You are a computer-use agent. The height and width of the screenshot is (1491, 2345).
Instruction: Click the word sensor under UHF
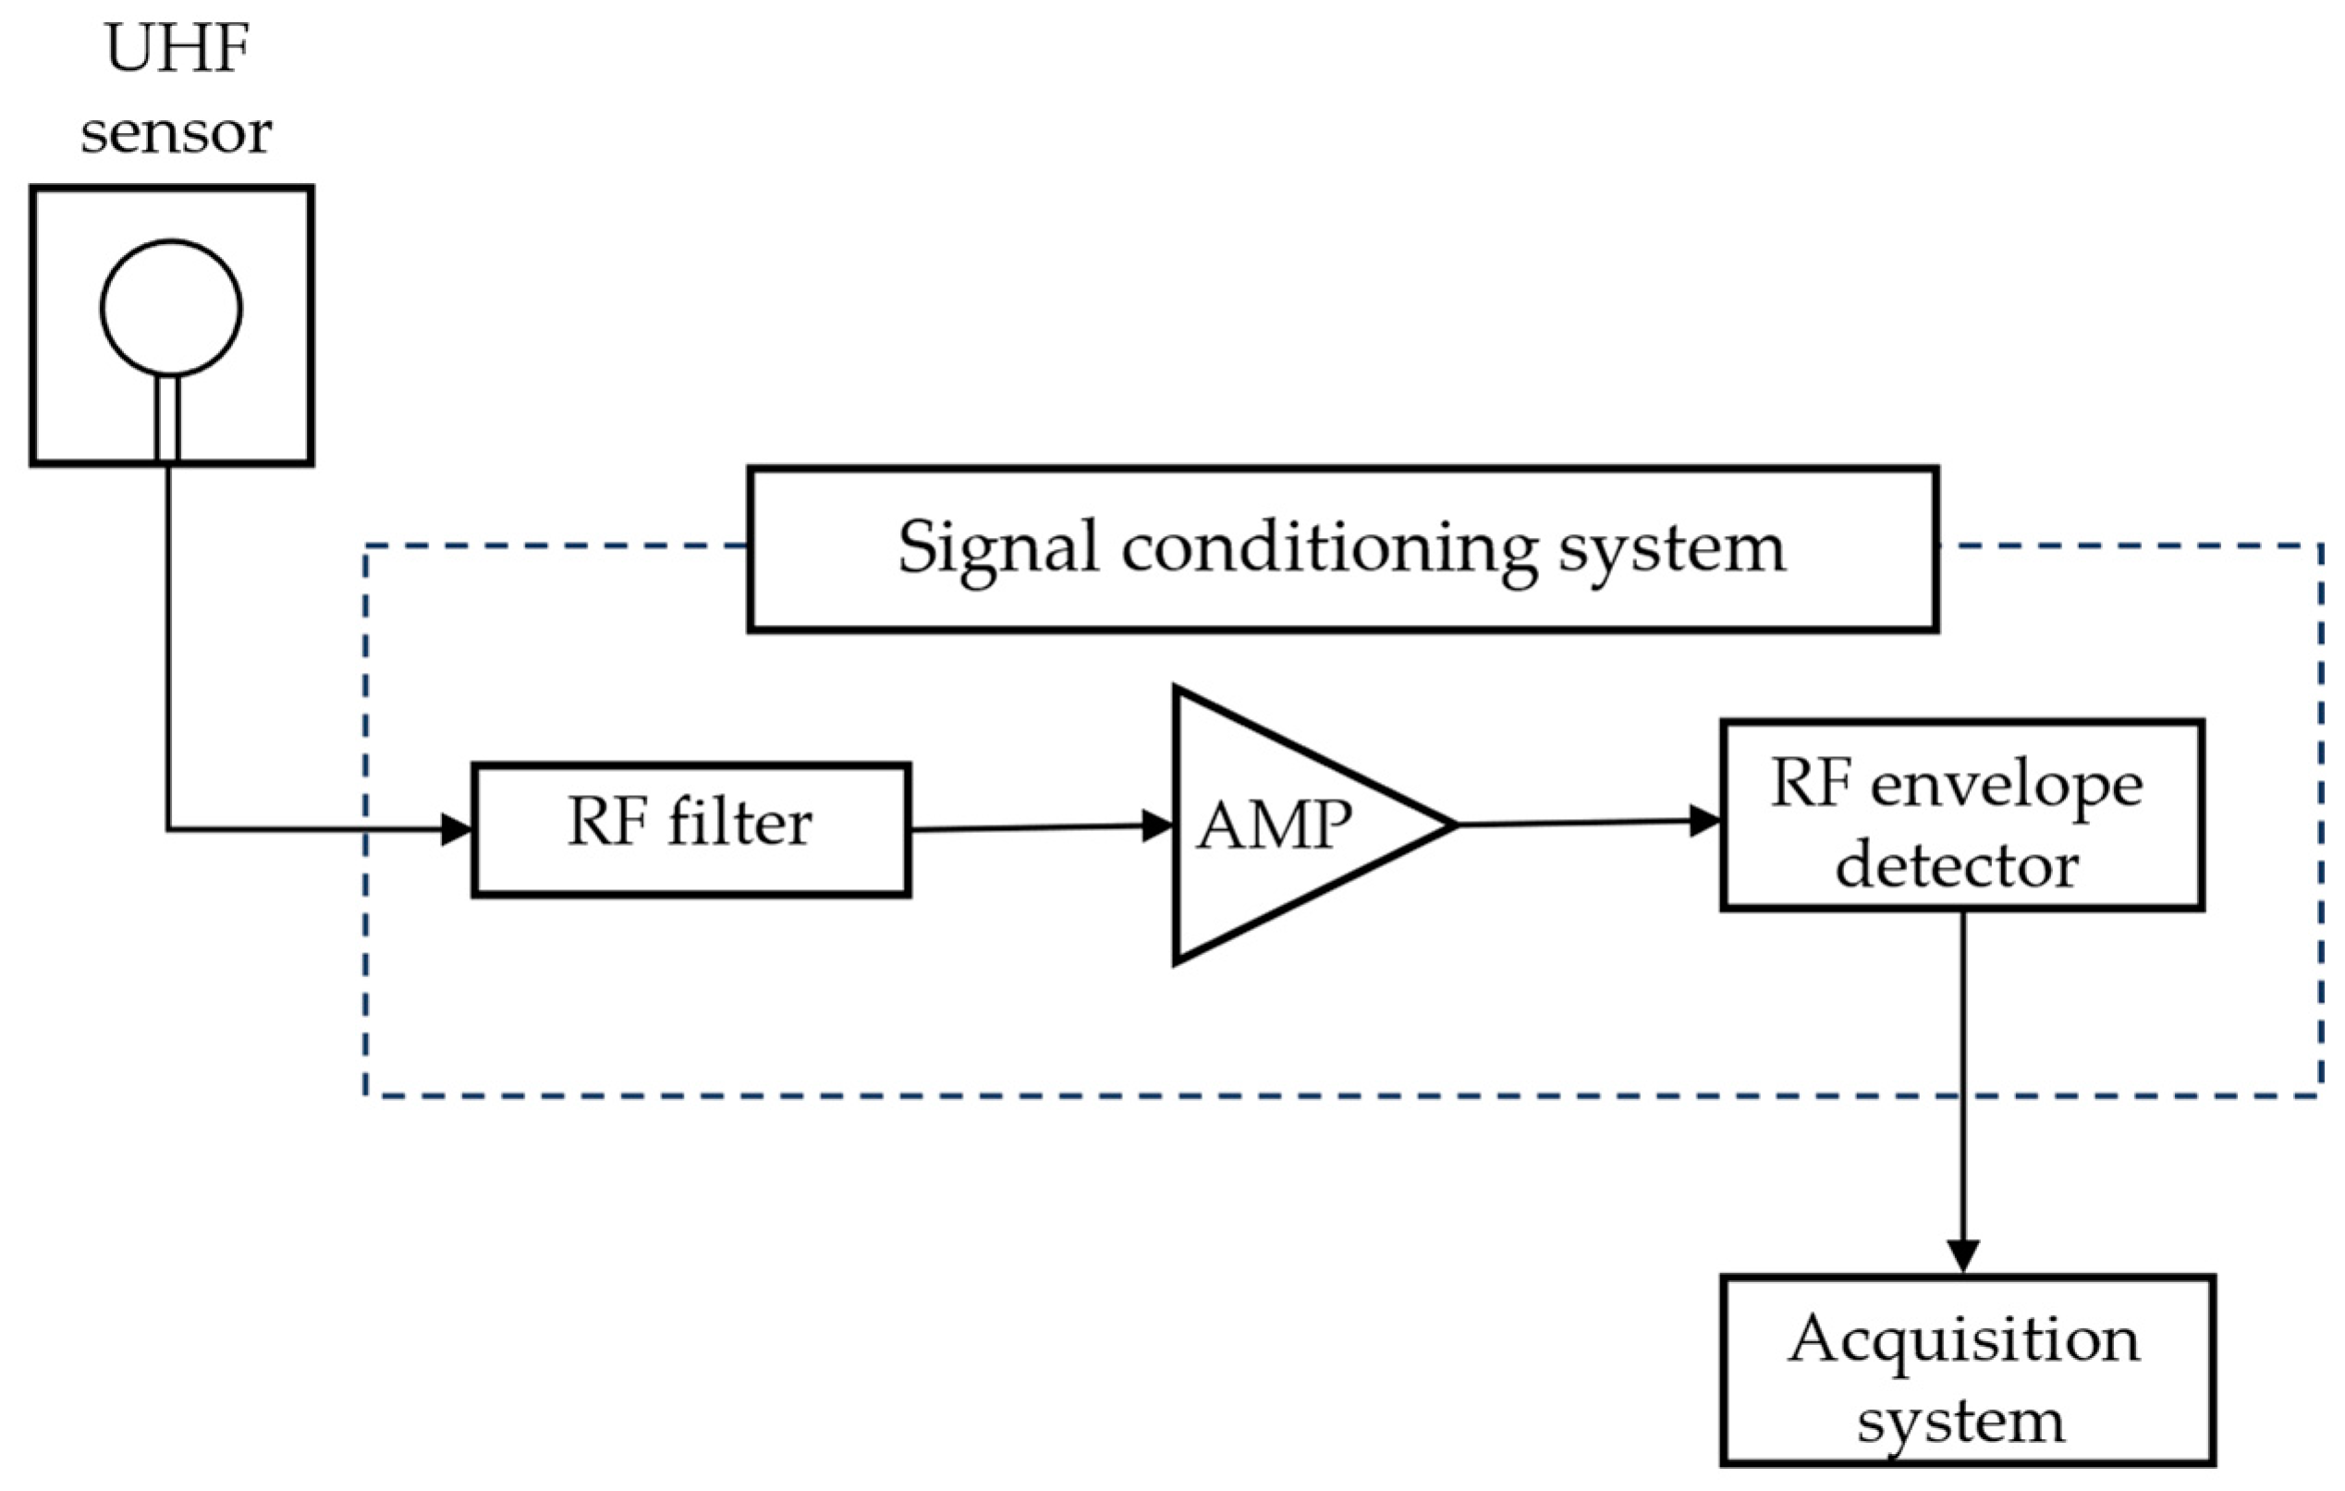[177, 132]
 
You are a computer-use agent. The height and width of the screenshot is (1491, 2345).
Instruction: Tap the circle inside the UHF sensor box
[171, 308]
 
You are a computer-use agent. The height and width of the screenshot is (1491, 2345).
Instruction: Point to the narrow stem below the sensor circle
[167, 419]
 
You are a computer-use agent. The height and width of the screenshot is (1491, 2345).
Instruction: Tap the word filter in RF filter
[739, 824]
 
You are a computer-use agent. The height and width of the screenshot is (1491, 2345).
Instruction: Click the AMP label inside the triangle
[1274, 825]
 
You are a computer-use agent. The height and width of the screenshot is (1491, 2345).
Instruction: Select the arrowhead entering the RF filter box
[457, 830]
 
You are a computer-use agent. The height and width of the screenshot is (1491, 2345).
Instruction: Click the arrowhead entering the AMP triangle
[1158, 825]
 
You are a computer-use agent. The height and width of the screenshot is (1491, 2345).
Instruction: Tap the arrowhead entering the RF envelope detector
[1705, 821]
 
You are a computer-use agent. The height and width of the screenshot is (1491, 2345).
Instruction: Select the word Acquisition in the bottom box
[1963, 1340]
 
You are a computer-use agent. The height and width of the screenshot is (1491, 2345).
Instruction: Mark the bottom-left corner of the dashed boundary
[367, 1095]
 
